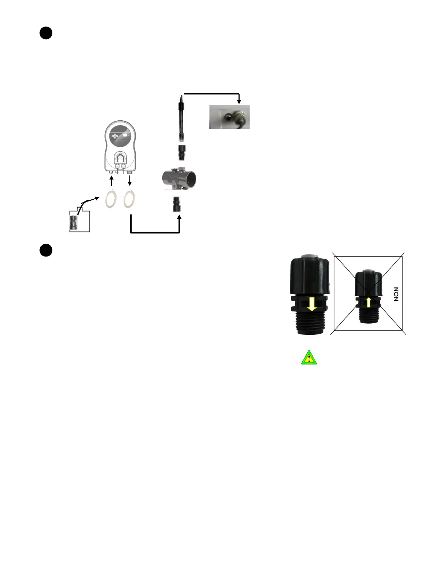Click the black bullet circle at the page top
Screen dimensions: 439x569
pos(46,33)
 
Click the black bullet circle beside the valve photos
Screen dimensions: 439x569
pos(46,250)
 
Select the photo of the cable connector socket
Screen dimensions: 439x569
pos(230,117)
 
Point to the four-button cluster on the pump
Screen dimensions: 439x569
pos(115,136)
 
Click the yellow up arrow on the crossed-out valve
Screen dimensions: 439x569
pos(368,302)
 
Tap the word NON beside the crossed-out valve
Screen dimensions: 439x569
pos(396,294)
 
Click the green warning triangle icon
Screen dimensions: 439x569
pos(309,358)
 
